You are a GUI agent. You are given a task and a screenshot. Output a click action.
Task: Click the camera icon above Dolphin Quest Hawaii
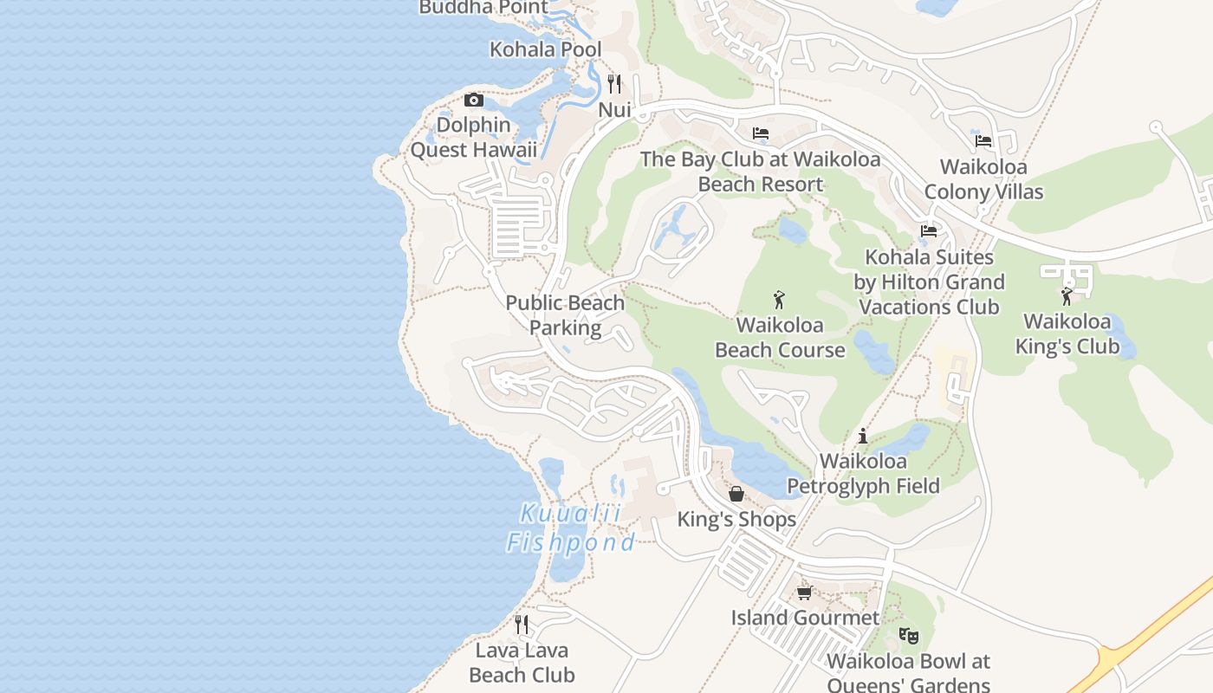[x=473, y=100]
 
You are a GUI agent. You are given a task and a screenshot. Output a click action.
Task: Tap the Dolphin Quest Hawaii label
[x=473, y=138]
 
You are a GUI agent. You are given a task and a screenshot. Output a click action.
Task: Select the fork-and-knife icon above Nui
[x=614, y=84]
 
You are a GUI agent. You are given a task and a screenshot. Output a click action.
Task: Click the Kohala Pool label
[x=545, y=49]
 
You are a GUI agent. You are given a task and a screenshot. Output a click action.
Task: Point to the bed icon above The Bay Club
[x=761, y=133]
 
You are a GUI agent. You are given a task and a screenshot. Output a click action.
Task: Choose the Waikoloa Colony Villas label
[x=983, y=179]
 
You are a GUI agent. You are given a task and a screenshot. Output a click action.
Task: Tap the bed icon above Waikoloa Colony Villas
[x=983, y=140]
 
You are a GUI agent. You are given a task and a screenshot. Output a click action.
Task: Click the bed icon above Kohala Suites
[x=929, y=231]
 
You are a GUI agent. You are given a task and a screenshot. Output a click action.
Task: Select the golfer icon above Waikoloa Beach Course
[x=779, y=300]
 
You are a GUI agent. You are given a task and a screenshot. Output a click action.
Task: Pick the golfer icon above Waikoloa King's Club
[x=1067, y=296]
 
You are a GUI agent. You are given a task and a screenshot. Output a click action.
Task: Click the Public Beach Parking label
[x=565, y=315]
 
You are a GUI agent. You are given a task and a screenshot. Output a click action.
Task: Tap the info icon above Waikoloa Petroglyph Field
[x=862, y=436]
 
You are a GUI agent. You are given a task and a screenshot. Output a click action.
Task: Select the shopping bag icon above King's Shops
[x=736, y=494]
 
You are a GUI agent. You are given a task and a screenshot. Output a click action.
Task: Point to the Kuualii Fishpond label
[x=571, y=528]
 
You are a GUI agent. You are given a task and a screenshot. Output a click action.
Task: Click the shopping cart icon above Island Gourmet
[x=804, y=593]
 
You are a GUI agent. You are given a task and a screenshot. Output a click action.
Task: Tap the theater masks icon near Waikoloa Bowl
[x=908, y=636]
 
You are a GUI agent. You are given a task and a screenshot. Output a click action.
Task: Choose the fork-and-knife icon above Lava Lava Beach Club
[x=521, y=625]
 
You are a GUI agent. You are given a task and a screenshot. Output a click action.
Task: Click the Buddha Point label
[x=483, y=8]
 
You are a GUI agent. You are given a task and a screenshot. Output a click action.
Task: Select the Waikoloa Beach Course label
[x=780, y=338]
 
